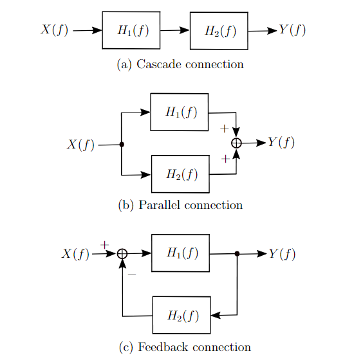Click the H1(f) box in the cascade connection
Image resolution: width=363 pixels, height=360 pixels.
pyautogui.click(x=131, y=30)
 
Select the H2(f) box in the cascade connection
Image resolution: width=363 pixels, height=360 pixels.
pyautogui.click(x=219, y=31)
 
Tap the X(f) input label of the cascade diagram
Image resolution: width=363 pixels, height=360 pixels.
pyautogui.click(x=55, y=30)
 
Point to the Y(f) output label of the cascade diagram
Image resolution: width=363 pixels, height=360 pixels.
pyautogui.click(x=292, y=30)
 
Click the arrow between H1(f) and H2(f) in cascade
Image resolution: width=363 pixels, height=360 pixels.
pyautogui.click(x=174, y=30)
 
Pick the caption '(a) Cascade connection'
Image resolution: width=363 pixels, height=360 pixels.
pyautogui.click(x=180, y=64)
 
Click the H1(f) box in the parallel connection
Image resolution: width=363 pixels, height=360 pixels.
pyautogui.click(x=180, y=112)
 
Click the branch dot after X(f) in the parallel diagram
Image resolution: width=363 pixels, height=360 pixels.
pyautogui.click(x=122, y=145)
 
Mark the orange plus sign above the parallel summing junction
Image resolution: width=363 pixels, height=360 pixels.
pyautogui.click(x=224, y=129)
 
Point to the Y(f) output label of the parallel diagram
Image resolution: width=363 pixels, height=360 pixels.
pyautogui.click(x=281, y=143)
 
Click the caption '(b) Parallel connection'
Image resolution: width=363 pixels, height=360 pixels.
pyautogui.click(x=181, y=206)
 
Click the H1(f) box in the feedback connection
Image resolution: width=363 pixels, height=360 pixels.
pyautogui.click(x=180, y=253)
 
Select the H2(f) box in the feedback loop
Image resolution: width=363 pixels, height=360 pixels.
pyautogui.click(x=181, y=315)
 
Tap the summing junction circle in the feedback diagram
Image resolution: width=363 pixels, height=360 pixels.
pyautogui.click(x=122, y=255)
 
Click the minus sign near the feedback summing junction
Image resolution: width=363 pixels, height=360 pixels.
pyautogui.click(x=132, y=274)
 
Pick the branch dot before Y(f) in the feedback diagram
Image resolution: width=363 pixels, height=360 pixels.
pyautogui.click(x=237, y=254)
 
